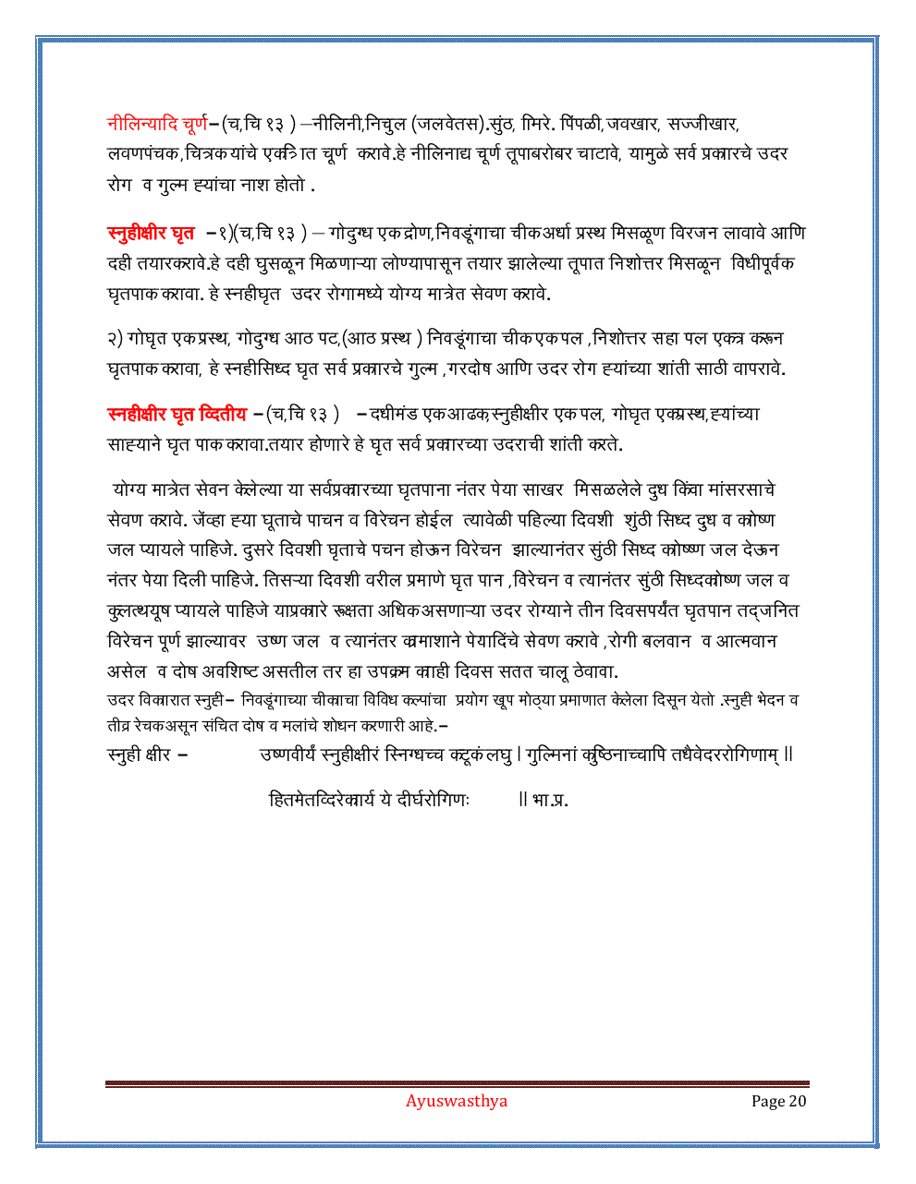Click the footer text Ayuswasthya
457,1101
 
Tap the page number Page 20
779,1101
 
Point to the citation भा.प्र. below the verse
551,800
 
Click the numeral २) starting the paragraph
118,338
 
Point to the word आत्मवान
745,641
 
